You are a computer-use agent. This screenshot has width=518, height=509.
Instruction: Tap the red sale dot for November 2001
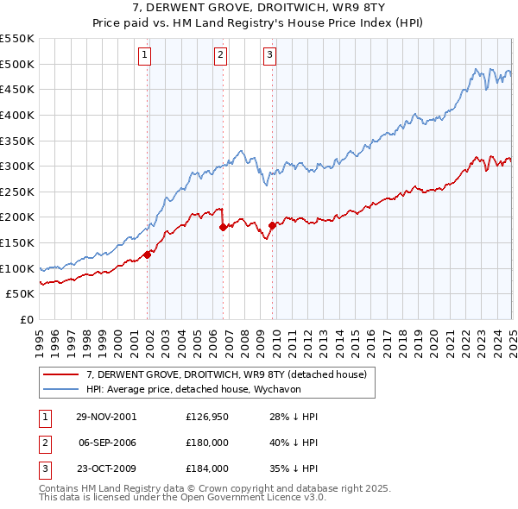point(148,254)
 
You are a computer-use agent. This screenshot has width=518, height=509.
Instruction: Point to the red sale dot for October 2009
point(272,225)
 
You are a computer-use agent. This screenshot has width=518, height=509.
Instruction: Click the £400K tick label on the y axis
point(17,115)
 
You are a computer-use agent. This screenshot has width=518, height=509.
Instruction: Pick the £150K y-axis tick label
point(17,242)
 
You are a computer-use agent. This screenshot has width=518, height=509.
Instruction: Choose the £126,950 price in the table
point(206,416)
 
